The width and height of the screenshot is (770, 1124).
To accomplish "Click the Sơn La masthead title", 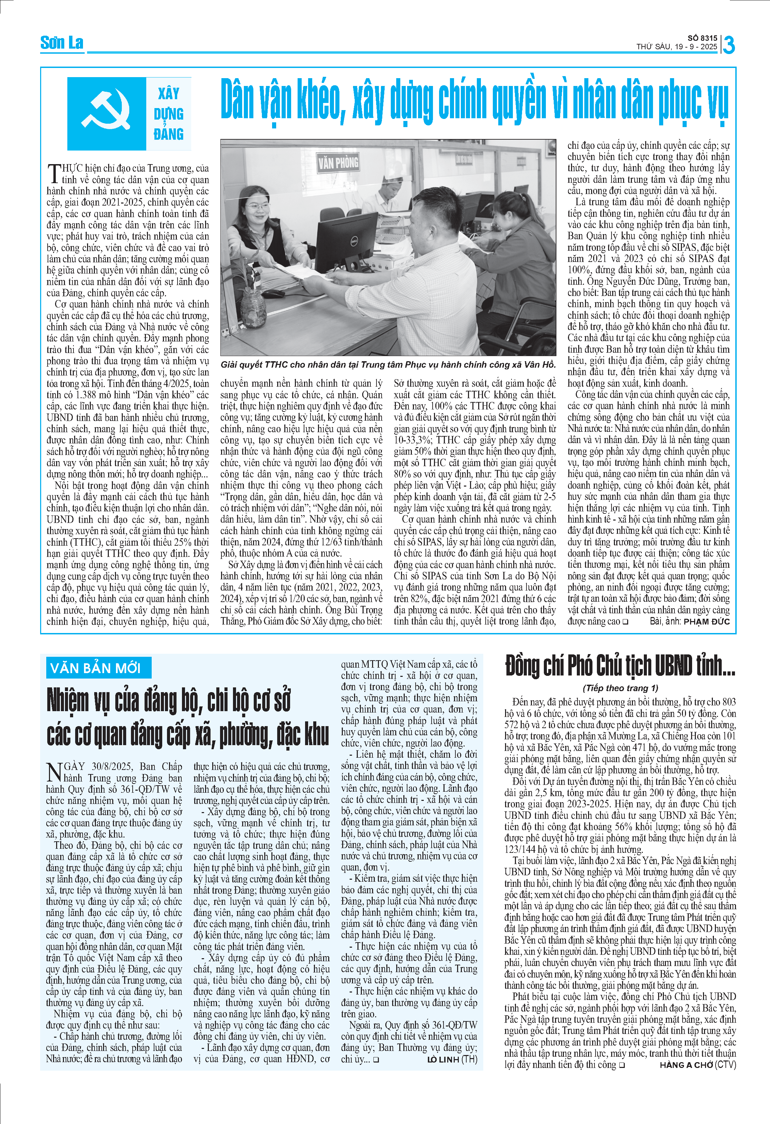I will click(62, 43).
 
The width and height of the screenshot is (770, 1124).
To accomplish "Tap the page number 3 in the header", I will click(729, 45).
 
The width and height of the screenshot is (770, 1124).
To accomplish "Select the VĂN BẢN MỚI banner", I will click(96, 668).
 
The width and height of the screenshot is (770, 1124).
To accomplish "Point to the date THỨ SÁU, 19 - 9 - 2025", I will click(676, 47).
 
